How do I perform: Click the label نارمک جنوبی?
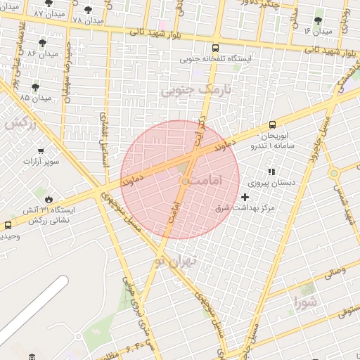pyautogui.click(x=195, y=90)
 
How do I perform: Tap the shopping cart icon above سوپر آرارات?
pyautogui.click(x=41, y=150)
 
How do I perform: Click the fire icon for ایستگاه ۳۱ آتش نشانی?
pyautogui.click(x=49, y=199)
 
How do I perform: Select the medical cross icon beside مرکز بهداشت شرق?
pyautogui.click(x=245, y=198)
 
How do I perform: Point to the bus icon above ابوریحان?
pyautogui.click(x=272, y=124)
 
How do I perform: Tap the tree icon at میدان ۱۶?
pyautogui.click(x=319, y=20)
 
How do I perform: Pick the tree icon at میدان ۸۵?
pyautogui.click(x=35, y=86)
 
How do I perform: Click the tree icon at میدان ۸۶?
pyautogui.click(x=45, y=43)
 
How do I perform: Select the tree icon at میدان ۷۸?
pyautogui.click(x=88, y=10)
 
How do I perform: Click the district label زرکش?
pyautogui.click(x=20, y=122)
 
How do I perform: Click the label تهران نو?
pyautogui.click(x=175, y=261)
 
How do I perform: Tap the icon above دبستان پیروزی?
pyautogui.click(x=271, y=172)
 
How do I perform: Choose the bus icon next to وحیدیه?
pyautogui.click(x=8, y=226)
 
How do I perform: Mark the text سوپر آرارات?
pyautogui.click(x=44, y=162)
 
